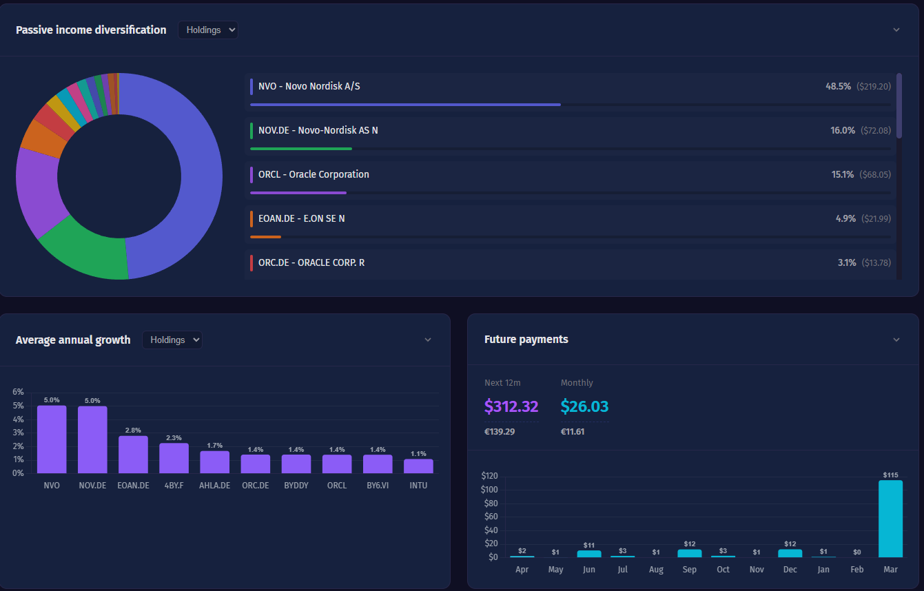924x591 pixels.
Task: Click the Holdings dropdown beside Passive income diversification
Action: tap(207, 30)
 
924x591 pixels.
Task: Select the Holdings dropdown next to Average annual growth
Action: tap(172, 340)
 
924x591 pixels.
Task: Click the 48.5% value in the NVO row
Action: tap(838, 86)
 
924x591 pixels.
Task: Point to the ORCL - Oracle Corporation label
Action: tap(314, 174)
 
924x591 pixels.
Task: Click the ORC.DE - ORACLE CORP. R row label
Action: tap(311, 262)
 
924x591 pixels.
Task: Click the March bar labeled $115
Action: tap(890, 519)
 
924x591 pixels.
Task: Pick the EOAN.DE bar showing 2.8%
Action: tap(133, 455)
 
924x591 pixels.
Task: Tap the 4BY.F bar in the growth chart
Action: tap(174, 458)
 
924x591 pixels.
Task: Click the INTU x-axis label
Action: tap(418, 486)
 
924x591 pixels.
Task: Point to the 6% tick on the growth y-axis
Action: tap(18, 392)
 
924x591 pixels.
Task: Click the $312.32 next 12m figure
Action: tap(511, 406)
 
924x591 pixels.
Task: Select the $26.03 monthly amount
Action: tap(584, 406)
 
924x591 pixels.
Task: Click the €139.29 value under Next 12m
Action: tap(500, 432)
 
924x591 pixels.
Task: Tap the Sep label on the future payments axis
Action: tap(689, 570)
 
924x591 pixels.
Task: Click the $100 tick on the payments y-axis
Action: tap(489, 490)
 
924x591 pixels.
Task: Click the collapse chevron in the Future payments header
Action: tap(896, 340)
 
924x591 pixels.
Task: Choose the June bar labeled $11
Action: tap(588, 554)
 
